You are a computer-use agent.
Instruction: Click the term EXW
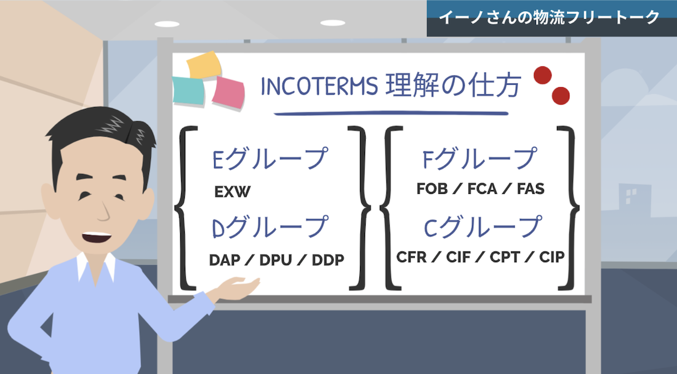[x=232, y=191]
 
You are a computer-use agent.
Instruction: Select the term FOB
[x=432, y=188]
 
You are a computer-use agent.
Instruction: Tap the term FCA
[x=483, y=188]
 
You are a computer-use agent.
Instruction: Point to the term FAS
[x=531, y=188]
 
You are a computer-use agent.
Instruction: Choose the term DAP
[x=225, y=260]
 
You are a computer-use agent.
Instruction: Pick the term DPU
[x=276, y=260]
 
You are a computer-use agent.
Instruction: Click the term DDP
[x=328, y=260]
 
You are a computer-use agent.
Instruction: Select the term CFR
[x=412, y=257]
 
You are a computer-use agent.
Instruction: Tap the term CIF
[x=458, y=257]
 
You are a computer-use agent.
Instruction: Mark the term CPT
[x=505, y=257]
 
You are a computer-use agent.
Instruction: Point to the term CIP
[x=552, y=257]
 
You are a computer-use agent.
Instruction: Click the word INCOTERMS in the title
[x=319, y=86]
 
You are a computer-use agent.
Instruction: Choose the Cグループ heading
[x=483, y=227]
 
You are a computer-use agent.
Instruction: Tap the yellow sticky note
[x=204, y=65]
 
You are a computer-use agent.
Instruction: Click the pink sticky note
[x=228, y=93]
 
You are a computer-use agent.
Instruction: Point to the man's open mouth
[x=97, y=237]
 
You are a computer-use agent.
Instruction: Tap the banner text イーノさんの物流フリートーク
[x=549, y=17]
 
